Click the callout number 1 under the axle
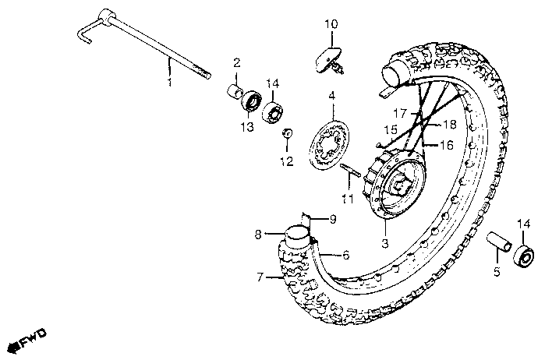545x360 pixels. point(169,81)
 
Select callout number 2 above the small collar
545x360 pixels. point(236,62)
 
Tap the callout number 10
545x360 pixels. point(331,25)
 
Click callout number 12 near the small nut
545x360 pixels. point(287,162)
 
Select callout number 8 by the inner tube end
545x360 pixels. point(258,232)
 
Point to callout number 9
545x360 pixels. point(332,220)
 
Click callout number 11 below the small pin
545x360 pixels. point(347,198)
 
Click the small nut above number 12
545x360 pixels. point(287,134)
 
